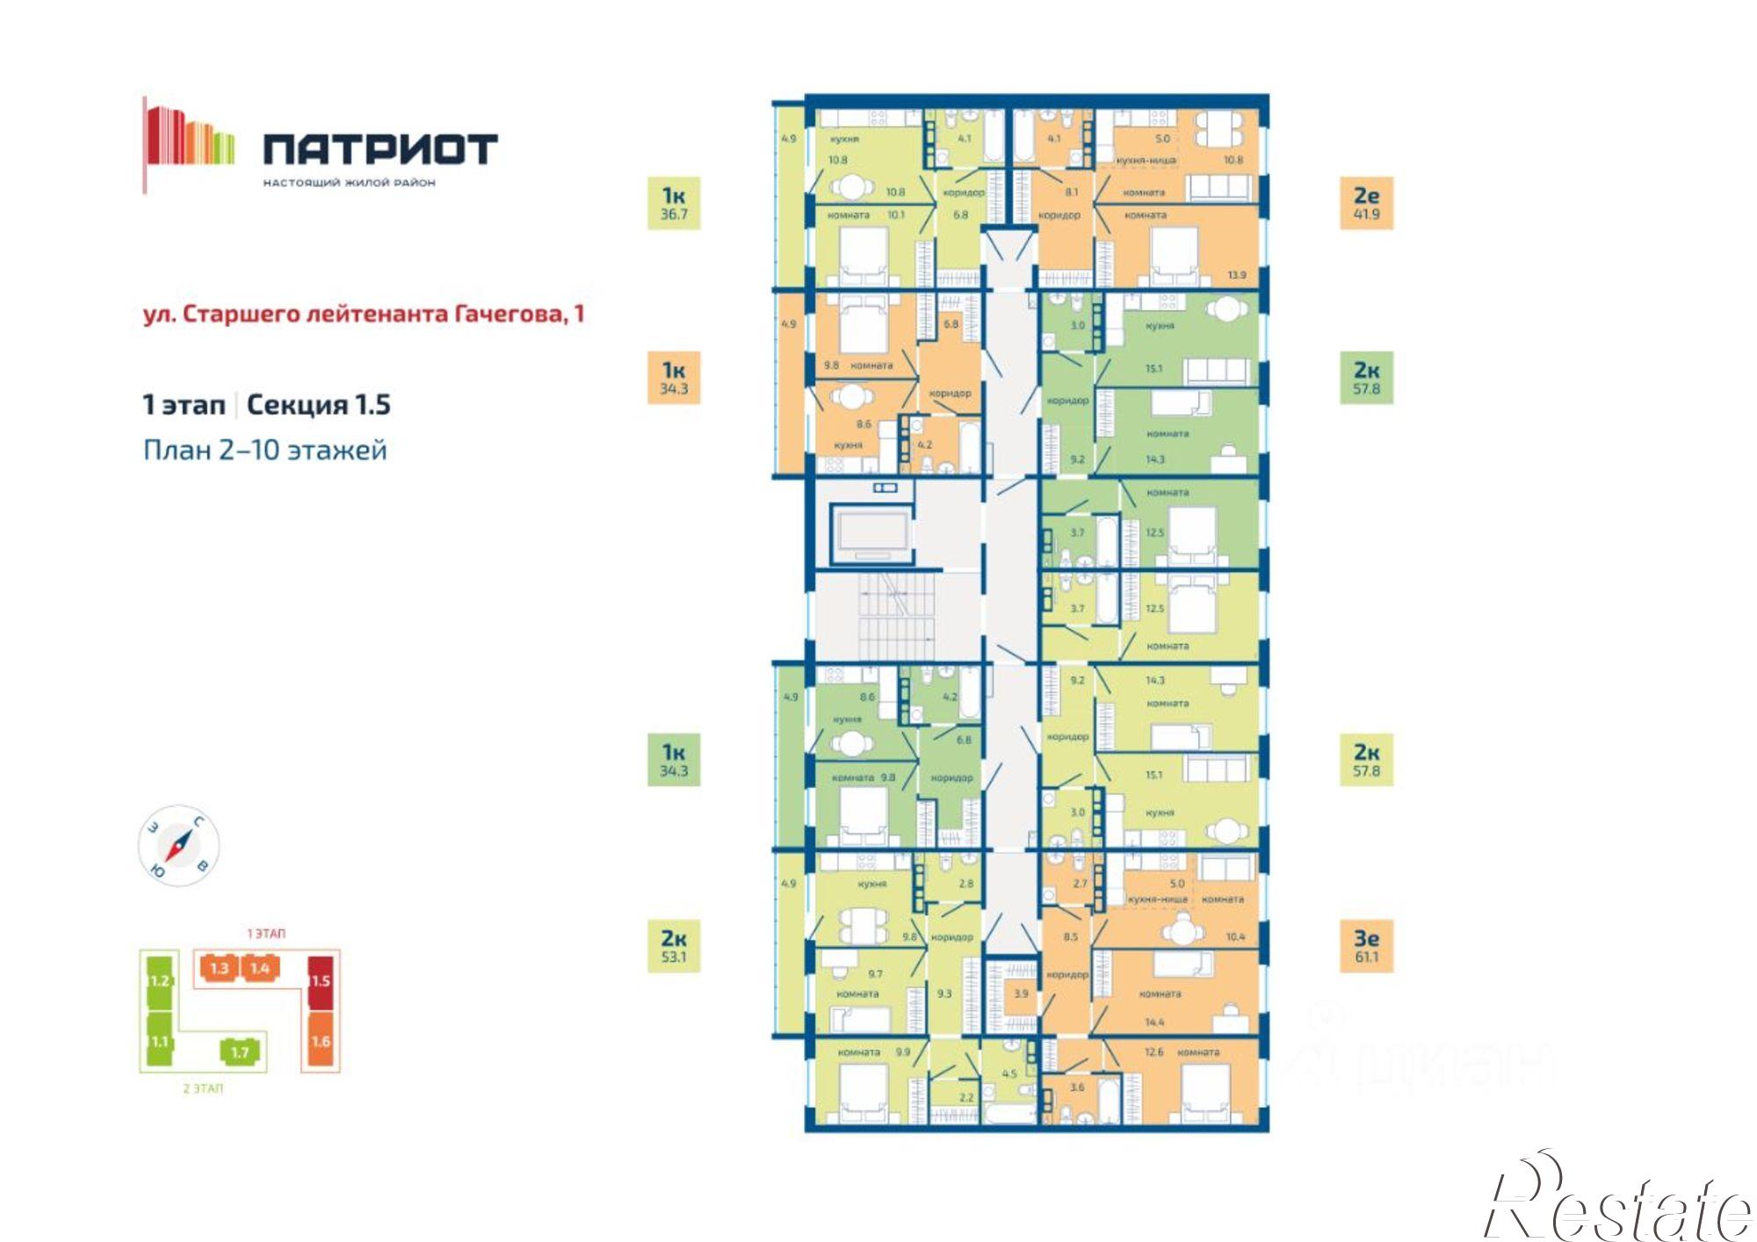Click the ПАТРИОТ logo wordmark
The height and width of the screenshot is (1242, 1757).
point(380,148)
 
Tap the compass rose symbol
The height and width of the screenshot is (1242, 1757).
point(179,845)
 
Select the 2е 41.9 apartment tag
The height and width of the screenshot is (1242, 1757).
point(1366,203)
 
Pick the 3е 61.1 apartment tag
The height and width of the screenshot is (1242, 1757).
point(1366,946)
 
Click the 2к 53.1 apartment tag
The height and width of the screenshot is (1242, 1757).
point(674,946)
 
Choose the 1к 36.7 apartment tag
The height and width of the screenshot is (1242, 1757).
point(674,203)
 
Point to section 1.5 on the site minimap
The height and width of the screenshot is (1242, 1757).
point(320,980)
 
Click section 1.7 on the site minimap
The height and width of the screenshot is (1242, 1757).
point(240,1051)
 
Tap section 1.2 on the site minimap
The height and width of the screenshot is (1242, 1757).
point(159,980)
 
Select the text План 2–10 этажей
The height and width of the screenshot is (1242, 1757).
point(264,450)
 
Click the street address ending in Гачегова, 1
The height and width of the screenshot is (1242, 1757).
point(364,314)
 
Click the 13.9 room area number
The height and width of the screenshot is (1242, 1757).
point(1236,275)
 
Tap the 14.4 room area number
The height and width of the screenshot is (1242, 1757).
point(1153,1022)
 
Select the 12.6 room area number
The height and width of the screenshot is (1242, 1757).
point(1153,1051)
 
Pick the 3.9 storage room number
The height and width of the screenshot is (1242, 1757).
point(1021,993)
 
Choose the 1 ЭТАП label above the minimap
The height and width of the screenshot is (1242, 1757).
point(265,933)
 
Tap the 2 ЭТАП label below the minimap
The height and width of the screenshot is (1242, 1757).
point(203,1088)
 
